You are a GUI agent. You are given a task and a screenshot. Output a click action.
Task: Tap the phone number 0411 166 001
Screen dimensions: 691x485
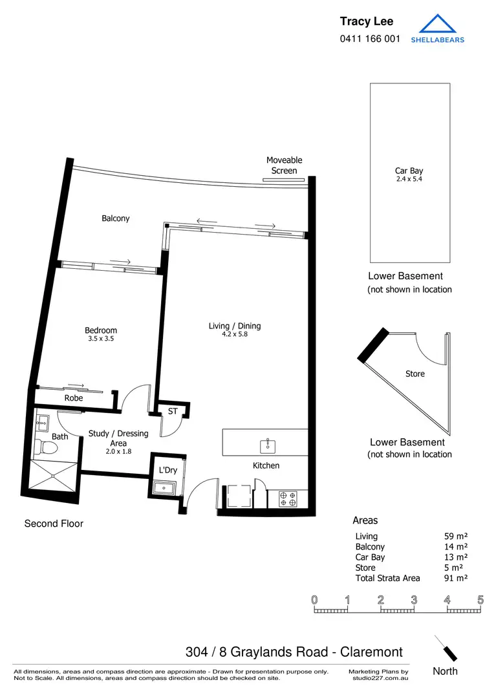(x=370, y=39)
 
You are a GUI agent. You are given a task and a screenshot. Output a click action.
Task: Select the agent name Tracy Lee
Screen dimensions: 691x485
(x=366, y=22)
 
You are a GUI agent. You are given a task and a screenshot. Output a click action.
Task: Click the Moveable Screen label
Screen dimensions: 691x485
(x=284, y=165)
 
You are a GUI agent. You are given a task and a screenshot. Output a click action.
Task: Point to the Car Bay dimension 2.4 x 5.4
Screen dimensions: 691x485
(x=409, y=178)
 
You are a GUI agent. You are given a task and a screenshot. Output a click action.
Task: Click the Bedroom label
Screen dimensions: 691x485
(x=101, y=330)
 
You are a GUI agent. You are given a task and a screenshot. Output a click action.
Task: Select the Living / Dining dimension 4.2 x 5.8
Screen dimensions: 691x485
(x=235, y=334)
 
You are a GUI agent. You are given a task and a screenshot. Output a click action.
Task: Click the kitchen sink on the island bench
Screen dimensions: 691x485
(x=268, y=445)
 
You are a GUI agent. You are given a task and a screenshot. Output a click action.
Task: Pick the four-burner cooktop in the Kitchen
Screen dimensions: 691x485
(x=287, y=498)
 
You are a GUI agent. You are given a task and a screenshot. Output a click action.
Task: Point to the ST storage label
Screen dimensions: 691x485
(x=173, y=411)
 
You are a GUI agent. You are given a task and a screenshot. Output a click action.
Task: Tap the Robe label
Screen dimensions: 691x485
(x=74, y=398)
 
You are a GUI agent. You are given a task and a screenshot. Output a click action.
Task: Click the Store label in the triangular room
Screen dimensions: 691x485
(x=415, y=374)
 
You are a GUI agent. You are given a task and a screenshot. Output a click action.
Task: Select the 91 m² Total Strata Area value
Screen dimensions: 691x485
(x=452, y=578)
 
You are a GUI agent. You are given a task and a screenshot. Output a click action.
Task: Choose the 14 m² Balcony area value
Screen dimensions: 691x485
(x=452, y=547)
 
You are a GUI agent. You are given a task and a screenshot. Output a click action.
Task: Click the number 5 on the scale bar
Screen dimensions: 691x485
(x=480, y=599)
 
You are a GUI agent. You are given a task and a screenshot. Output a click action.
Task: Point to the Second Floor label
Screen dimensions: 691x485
(x=54, y=524)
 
